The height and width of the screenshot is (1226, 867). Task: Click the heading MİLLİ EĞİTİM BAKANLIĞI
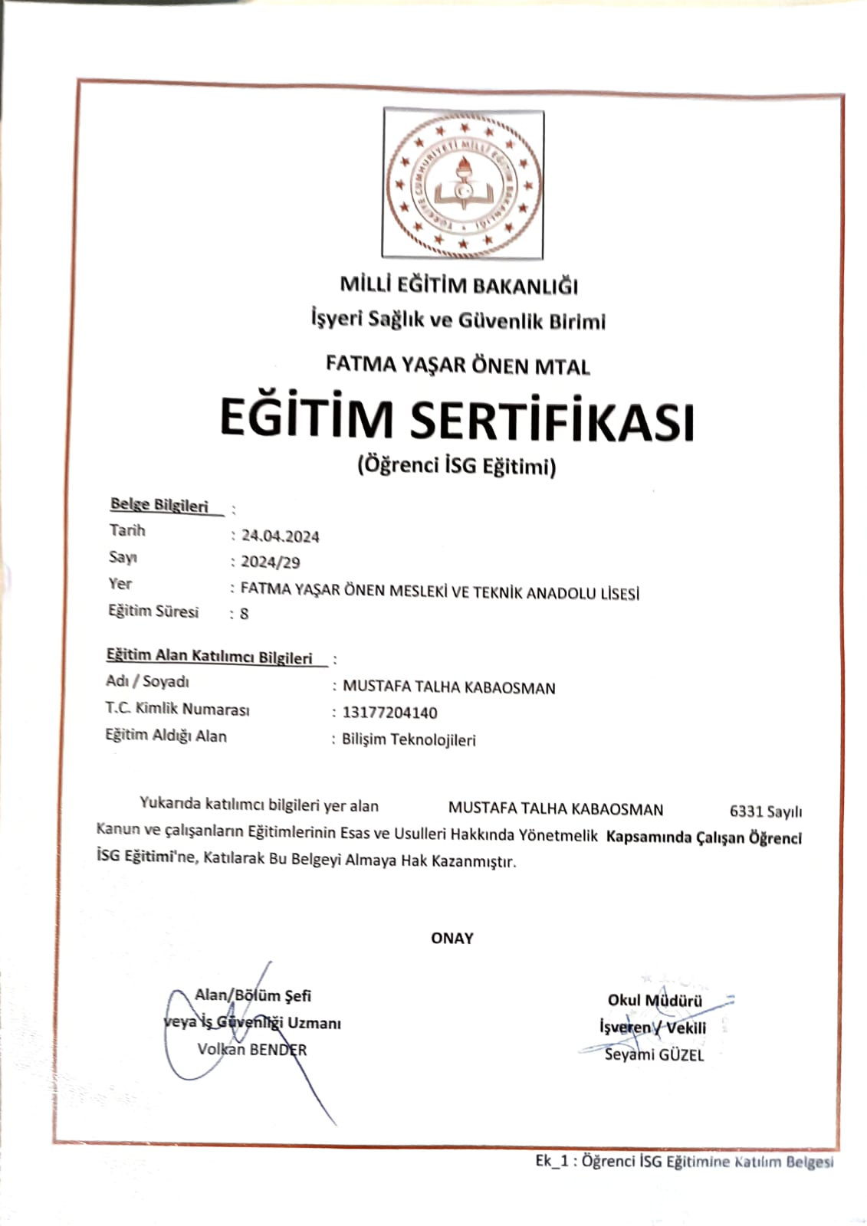pyautogui.click(x=458, y=285)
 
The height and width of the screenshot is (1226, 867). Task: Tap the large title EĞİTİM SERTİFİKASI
pyautogui.click(x=457, y=420)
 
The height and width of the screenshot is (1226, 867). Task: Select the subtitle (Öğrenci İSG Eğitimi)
pyautogui.click(x=456, y=465)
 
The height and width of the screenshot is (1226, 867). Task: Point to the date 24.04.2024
pyautogui.click(x=280, y=536)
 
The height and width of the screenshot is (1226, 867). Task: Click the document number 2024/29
pyautogui.click(x=270, y=562)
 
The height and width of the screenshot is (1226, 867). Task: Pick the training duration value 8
pyautogui.click(x=244, y=613)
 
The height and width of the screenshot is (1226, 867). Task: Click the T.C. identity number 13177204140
pyautogui.click(x=389, y=713)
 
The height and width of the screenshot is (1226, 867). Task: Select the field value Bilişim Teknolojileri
pyautogui.click(x=409, y=739)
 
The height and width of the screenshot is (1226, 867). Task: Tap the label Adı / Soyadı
pyautogui.click(x=147, y=681)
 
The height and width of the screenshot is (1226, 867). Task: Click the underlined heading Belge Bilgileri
pyautogui.click(x=159, y=505)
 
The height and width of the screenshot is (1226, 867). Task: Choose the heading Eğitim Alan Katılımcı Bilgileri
pyautogui.click(x=209, y=657)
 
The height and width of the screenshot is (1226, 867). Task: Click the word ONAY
pyautogui.click(x=452, y=938)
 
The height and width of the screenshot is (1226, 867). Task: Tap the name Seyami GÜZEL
pyautogui.click(x=654, y=1054)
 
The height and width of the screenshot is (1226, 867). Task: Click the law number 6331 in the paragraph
pyautogui.click(x=746, y=811)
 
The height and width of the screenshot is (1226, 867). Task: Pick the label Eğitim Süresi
pyautogui.click(x=153, y=611)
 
